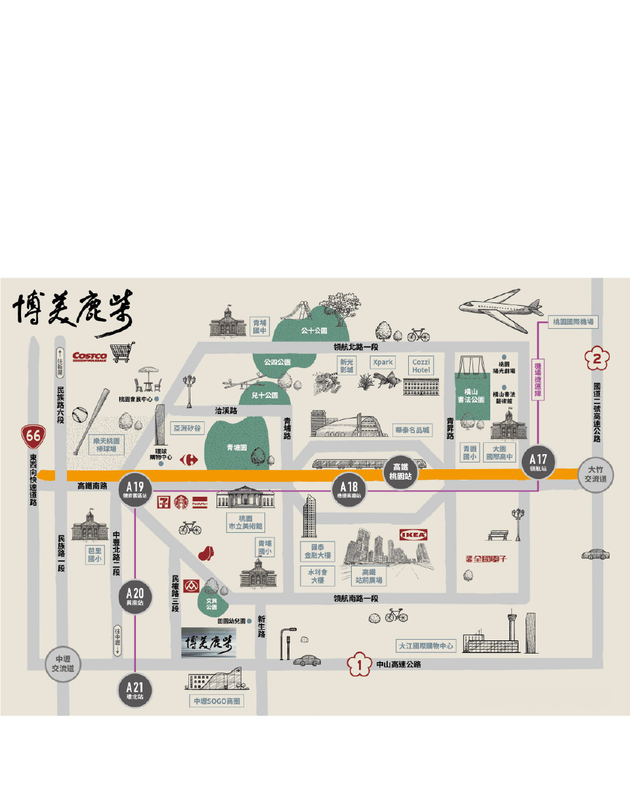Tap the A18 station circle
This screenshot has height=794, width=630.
coord(348,489)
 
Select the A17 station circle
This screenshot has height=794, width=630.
coord(538,461)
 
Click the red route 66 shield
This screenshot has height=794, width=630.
coord(33,434)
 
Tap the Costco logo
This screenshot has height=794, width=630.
coord(89,356)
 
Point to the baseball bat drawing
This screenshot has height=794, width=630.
coord(90,417)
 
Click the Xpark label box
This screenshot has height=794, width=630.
coord(383,362)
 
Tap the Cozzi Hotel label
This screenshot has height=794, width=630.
coord(420,366)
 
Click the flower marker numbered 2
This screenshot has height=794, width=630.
coord(597,359)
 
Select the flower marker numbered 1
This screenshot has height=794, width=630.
coord(359,665)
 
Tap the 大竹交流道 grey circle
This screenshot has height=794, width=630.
coord(597,474)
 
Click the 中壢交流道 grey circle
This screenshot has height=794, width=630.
coord(63,664)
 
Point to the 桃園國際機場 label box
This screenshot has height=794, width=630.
coord(573,322)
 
